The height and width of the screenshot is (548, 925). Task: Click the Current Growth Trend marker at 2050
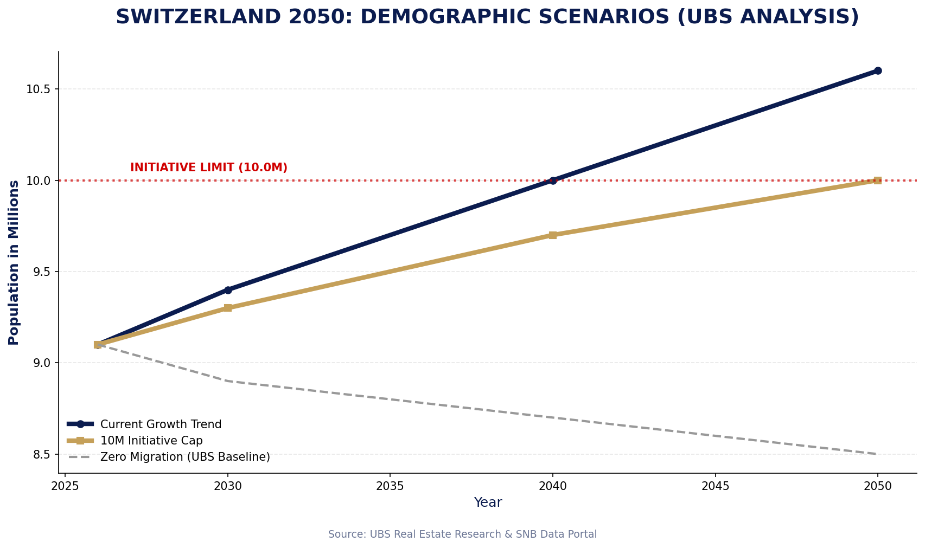coord(877,70)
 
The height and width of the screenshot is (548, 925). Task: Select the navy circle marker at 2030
coord(228,290)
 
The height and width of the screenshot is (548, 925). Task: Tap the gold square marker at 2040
coord(552,235)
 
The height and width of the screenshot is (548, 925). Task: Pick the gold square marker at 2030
coord(228,308)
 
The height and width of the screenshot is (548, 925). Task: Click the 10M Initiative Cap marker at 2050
coord(877,180)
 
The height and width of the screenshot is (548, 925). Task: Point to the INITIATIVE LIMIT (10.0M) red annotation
coord(209,167)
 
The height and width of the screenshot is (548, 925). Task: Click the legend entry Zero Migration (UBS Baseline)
coord(185,457)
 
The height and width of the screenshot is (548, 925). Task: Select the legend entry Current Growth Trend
coord(161,424)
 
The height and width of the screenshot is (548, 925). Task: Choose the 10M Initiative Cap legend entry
coord(151,441)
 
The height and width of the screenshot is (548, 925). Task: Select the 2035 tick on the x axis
coord(390,486)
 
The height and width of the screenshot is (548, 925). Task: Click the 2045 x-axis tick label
coord(715,486)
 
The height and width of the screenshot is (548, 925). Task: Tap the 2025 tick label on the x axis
coord(65,486)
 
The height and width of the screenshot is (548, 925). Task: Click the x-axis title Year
coord(488,502)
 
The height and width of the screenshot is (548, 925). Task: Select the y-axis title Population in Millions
coord(14,262)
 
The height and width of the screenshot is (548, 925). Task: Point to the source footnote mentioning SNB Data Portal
coord(462,534)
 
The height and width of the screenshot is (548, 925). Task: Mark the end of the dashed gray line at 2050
coord(877,454)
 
